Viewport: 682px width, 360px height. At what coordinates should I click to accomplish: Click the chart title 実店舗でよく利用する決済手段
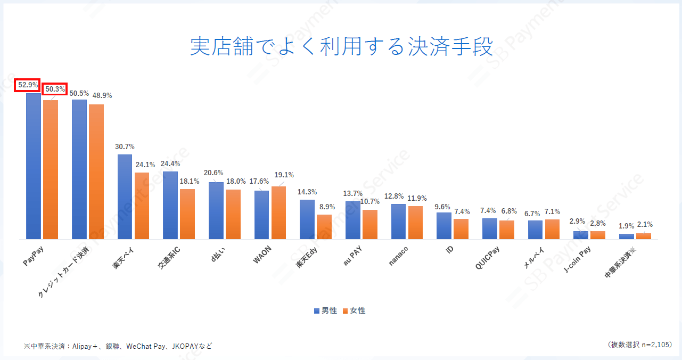341,47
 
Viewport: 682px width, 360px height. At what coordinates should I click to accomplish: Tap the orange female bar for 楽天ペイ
142,206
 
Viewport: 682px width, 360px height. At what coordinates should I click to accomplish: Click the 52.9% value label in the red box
28,85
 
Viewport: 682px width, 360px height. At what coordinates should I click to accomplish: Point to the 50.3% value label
55,89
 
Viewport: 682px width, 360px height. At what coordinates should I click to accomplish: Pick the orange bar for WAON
278,212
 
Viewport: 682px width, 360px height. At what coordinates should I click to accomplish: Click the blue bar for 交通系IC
170,205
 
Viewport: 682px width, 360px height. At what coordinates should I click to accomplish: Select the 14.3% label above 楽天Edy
307,192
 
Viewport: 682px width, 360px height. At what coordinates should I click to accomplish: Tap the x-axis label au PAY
352,261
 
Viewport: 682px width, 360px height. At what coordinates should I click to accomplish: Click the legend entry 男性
325,310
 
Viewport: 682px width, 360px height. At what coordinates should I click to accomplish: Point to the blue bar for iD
444,226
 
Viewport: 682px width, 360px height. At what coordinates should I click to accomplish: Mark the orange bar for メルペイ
552,229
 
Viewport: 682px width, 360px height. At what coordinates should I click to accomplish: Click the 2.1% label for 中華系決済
644,225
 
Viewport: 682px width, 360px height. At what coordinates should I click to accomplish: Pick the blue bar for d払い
216,210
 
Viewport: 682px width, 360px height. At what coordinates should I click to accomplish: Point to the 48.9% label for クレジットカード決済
102,96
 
